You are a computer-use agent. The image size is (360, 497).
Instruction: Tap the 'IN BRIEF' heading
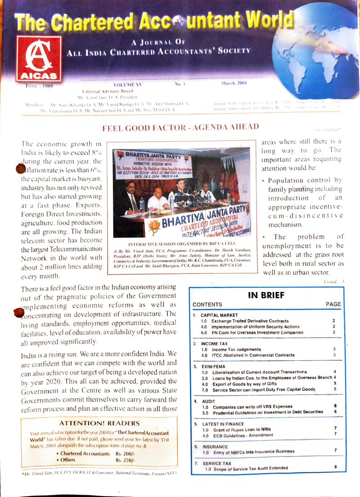(266, 296)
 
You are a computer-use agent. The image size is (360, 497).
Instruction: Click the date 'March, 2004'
(234, 83)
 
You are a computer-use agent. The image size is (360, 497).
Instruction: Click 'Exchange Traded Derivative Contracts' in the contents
(250, 321)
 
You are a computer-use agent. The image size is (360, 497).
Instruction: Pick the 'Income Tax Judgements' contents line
(236, 349)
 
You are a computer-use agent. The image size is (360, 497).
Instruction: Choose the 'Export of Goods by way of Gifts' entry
(247, 384)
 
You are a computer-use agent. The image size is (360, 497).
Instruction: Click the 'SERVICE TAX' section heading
(217, 463)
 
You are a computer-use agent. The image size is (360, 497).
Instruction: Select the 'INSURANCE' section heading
(216, 447)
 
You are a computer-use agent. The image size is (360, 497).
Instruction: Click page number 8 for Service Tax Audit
(336, 468)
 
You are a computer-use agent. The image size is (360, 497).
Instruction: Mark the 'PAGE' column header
(333, 304)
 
